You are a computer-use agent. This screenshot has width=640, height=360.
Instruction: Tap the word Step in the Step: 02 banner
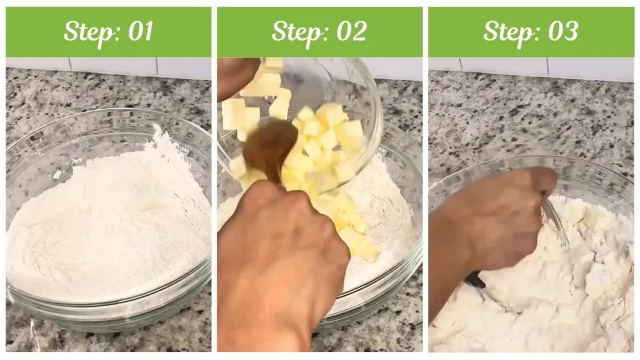(x=297, y=32)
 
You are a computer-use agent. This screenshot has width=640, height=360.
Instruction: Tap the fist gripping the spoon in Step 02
(x=281, y=250)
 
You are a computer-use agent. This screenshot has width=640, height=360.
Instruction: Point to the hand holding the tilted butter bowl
(x=234, y=75)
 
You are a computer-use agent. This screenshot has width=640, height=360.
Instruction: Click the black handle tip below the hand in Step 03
(x=475, y=279)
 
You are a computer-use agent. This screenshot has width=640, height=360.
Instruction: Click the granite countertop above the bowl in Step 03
(x=531, y=119)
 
